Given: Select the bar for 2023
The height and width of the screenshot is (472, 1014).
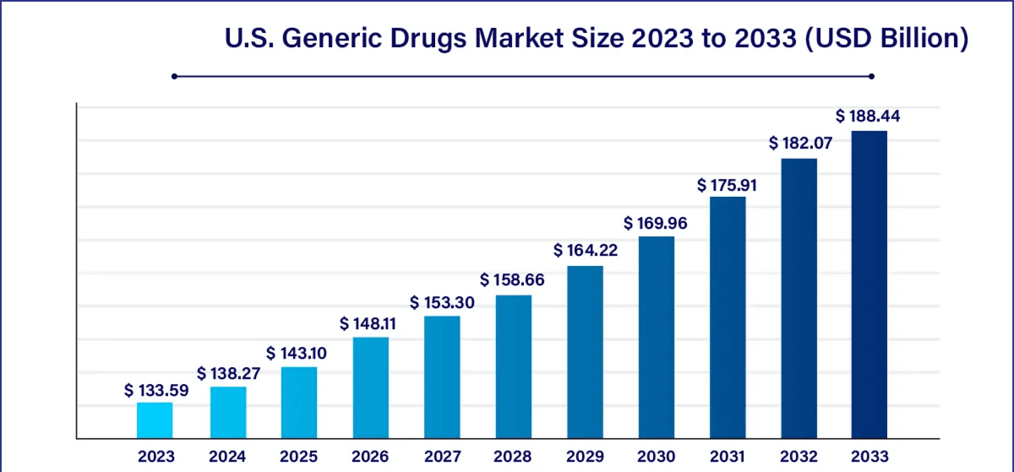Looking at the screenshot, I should (155, 420).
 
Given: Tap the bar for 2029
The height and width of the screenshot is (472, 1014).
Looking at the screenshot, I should (585, 352).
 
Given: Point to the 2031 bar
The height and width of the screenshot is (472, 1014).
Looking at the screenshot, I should (727, 317).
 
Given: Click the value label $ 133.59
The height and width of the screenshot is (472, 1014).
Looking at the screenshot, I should (156, 390).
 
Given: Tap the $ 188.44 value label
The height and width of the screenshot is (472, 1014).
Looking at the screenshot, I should (867, 116).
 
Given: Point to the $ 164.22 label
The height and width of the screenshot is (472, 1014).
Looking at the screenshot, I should (585, 250).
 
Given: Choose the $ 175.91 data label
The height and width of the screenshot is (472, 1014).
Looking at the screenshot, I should (727, 185).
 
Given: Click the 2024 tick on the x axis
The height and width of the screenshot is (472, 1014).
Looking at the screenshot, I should (227, 456).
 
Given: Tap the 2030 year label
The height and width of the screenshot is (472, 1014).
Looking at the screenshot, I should (656, 456).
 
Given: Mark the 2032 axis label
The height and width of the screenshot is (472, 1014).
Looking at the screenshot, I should (799, 456).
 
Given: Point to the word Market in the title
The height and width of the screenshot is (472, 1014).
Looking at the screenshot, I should (519, 39).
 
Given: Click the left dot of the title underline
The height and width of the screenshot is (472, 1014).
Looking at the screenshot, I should (174, 76).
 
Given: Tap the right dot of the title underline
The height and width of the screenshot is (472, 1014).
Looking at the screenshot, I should (871, 76).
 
